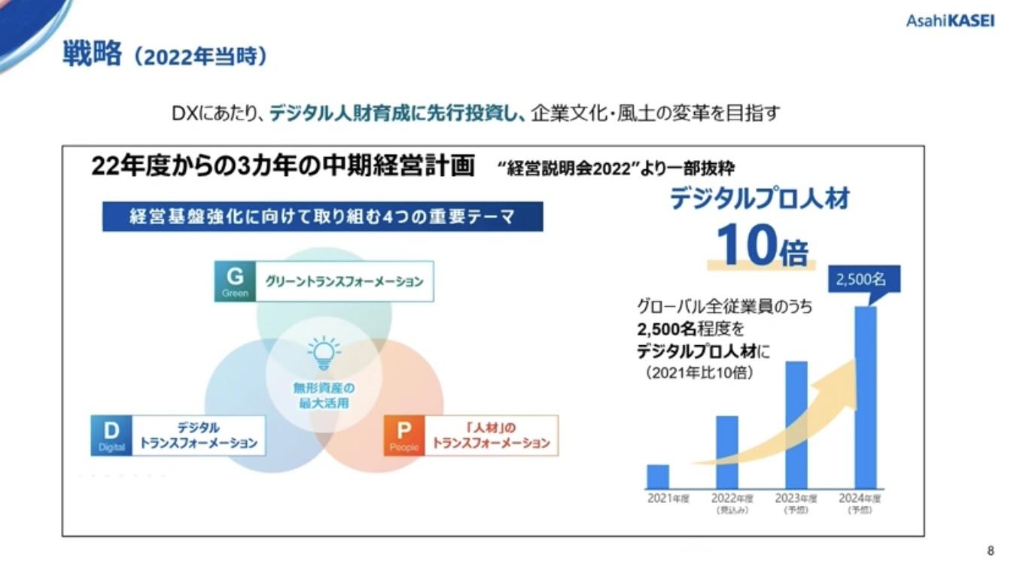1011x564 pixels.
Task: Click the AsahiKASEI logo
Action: (950, 21)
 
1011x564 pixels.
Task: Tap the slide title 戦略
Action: (91, 56)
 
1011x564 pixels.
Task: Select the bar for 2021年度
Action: (657, 476)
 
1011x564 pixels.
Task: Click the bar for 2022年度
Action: (726, 451)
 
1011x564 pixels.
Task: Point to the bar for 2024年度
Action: (866, 397)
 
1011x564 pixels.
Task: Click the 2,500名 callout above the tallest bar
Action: (862, 280)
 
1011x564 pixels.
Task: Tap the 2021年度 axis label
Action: (668, 498)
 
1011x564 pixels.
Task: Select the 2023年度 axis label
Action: (796, 498)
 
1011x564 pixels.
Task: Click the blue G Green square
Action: (235, 280)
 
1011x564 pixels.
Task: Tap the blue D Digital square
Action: (111, 435)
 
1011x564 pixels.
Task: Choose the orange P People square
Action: (404, 435)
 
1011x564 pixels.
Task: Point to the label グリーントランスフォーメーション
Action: (344, 281)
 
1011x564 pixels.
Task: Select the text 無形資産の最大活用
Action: (324, 396)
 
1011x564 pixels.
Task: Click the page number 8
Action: (990, 550)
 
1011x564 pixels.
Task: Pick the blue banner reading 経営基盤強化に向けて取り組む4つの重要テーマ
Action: (322, 217)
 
